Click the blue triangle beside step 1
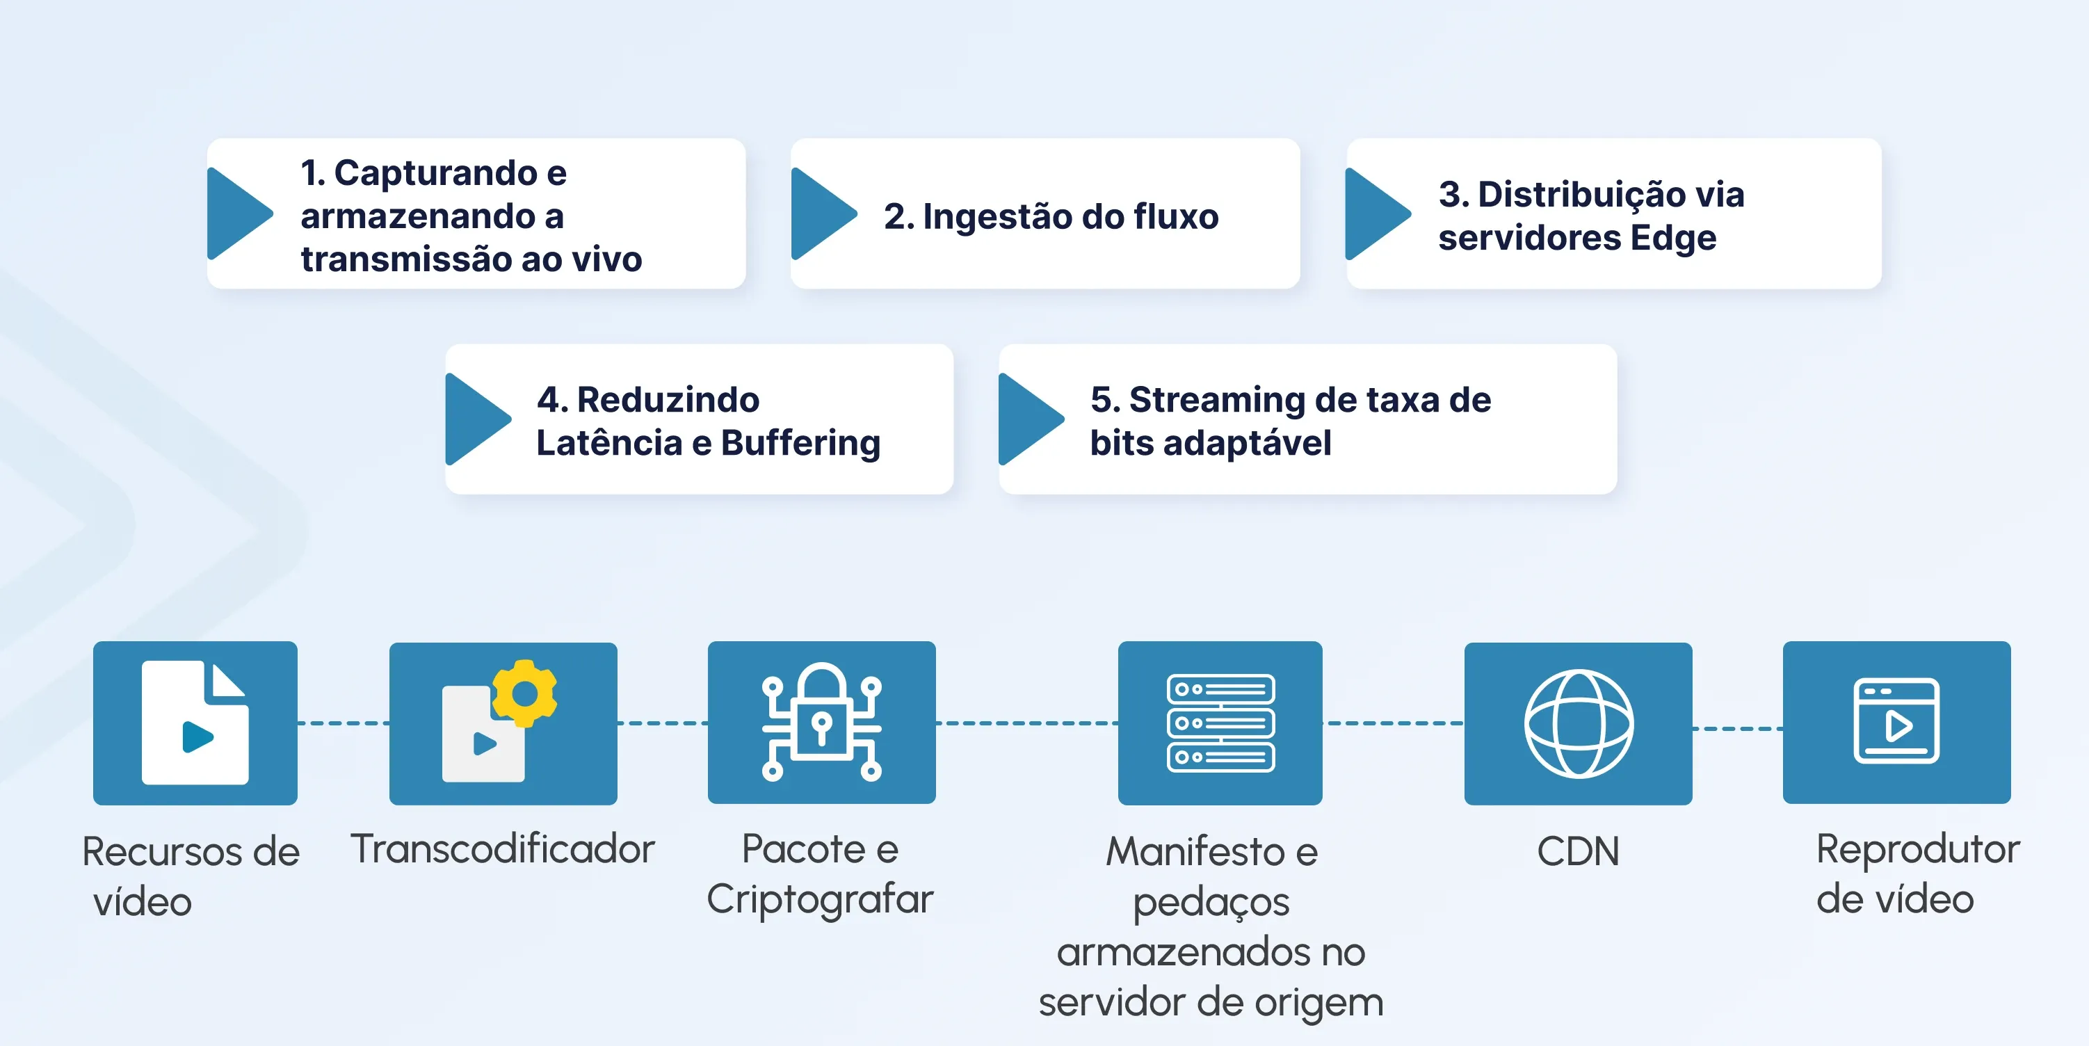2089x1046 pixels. pyautogui.click(x=235, y=214)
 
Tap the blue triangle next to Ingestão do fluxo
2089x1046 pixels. pyautogui.click(x=819, y=214)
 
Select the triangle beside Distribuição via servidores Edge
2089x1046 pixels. pyautogui.click(x=1373, y=214)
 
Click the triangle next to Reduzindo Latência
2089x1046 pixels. pyautogui.click(x=473, y=419)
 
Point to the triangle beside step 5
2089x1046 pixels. pyautogui.click(x=1026, y=419)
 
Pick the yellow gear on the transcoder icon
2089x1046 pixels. pyautogui.click(x=524, y=693)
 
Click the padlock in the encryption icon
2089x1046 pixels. pyautogui.click(x=821, y=714)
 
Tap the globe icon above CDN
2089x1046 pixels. pyautogui.click(x=1578, y=723)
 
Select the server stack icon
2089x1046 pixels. pyautogui.click(x=1220, y=723)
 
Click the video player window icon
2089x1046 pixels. pyautogui.click(x=1896, y=721)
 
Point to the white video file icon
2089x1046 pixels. pyautogui.click(x=195, y=723)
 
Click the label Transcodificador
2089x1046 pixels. pyautogui.click(x=502, y=849)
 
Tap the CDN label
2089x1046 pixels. pyautogui.click(x=1577, y=851)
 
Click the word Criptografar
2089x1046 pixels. pyautogui.click(x=820, y=899)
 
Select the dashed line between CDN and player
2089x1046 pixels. pyautogui.click(x=1737, y=729)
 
